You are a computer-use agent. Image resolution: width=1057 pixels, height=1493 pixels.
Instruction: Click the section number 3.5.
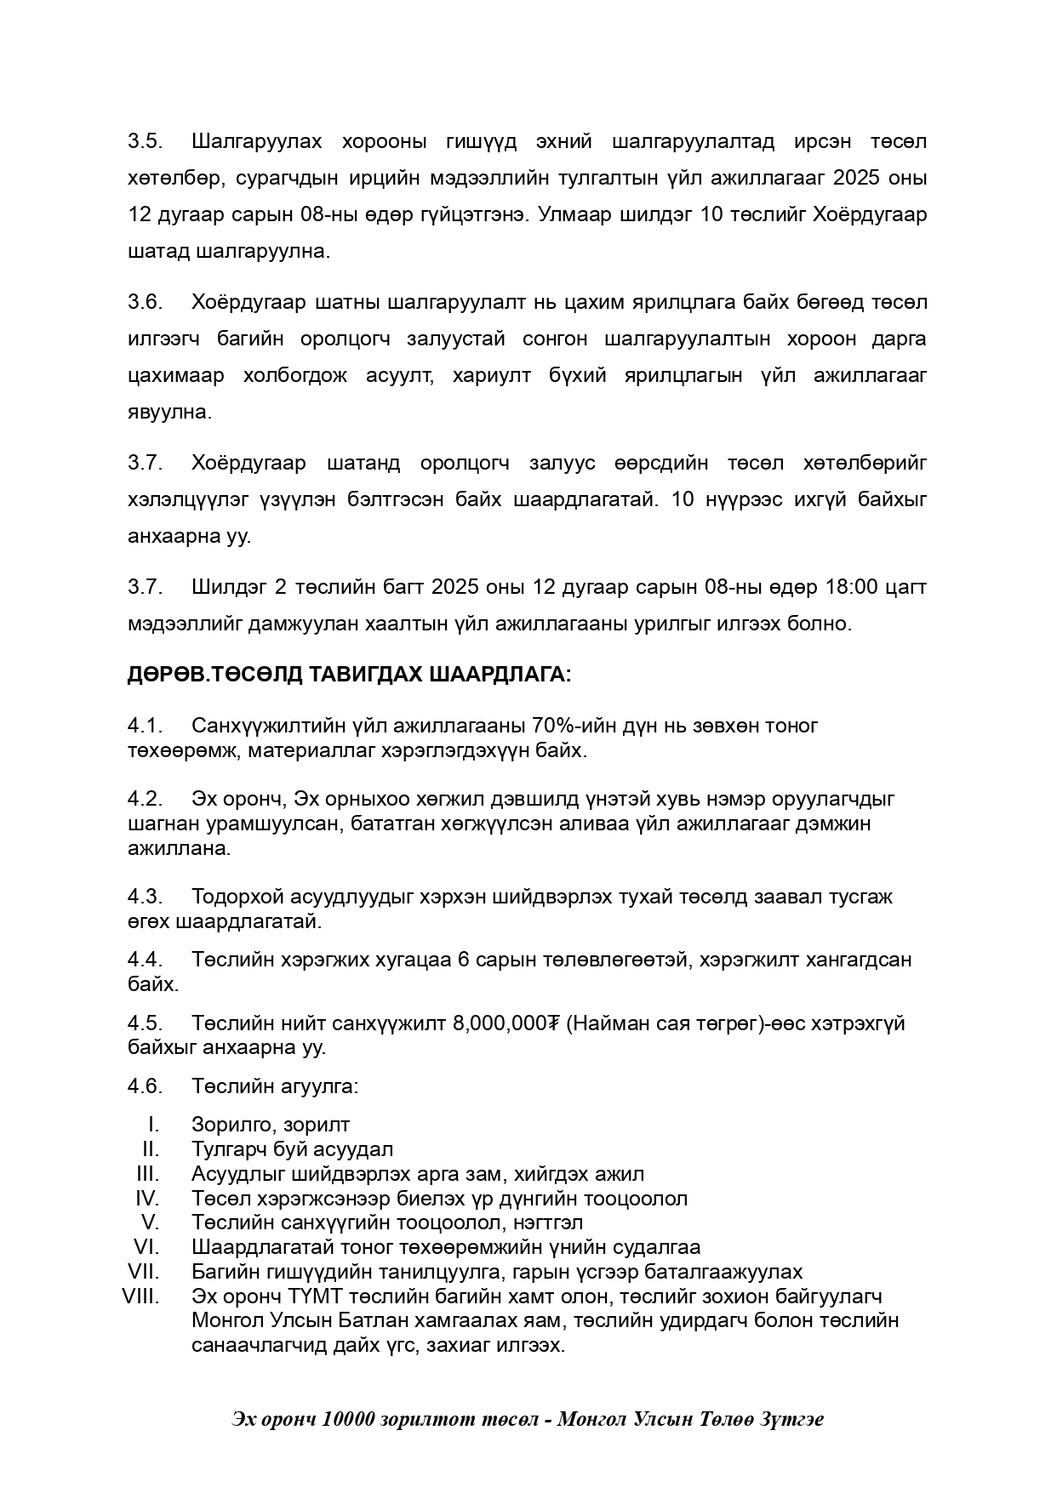click(x=146, y=141)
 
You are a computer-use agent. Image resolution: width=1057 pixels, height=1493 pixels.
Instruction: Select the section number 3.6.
click(x=146, y=302)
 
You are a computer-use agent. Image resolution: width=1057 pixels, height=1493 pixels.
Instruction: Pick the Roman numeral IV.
click(x=147, y=1198)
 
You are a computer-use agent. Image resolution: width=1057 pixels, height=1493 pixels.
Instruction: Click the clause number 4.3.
click(x=146, y=897)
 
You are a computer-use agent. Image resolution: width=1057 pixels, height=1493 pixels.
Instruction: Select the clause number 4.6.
click(x=146, y=1086)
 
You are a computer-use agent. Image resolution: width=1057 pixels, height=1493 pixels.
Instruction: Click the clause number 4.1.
click(x=146, y=726)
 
